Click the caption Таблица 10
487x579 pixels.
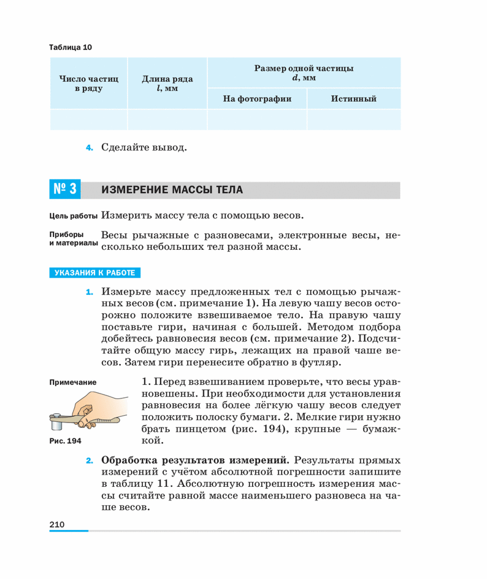coord(69,47)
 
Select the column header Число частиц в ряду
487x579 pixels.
coord(88,84)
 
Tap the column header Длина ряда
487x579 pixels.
coord(167,84)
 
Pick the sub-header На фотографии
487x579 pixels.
coord(256,98)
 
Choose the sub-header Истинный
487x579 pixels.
coord(353,98)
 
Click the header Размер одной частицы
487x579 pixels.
coord(304,72)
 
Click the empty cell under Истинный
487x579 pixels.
coord(353,119)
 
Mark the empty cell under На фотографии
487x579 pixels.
coord(256,119)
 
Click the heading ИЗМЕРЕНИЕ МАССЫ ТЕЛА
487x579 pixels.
coord(172,190)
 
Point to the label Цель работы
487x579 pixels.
coord(72,216)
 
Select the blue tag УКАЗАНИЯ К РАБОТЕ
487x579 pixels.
coord(94,273)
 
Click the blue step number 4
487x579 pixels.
coord(90,148)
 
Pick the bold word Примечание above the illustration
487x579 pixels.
coord(72,383)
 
